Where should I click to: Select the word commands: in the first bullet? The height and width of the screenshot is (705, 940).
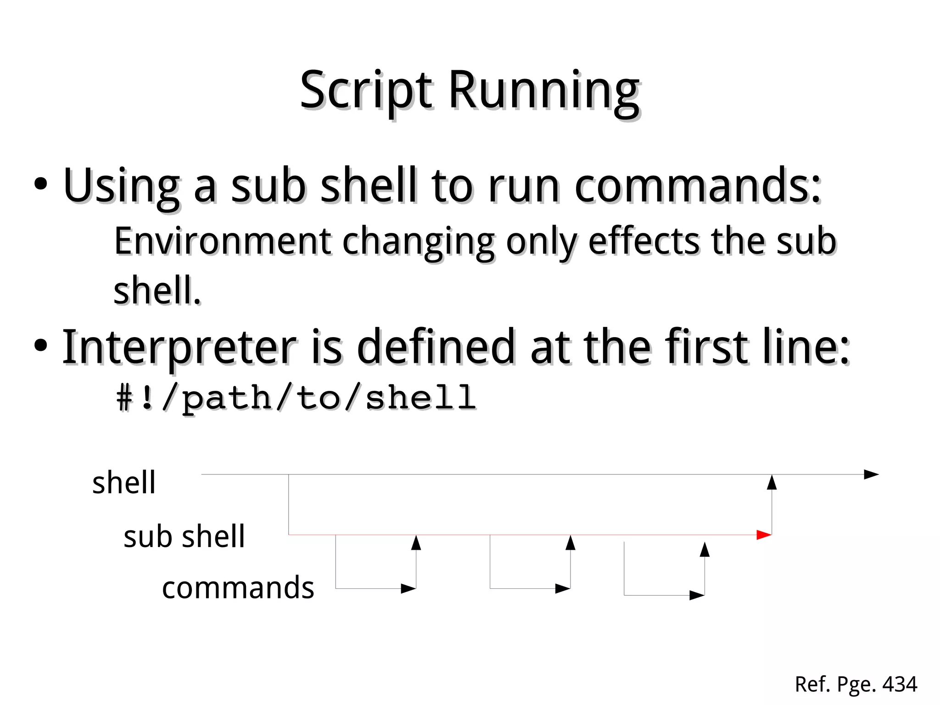pos(698,186)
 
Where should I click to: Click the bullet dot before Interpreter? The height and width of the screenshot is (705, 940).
pos(40,346)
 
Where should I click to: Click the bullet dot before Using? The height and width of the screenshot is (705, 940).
pos(40,184)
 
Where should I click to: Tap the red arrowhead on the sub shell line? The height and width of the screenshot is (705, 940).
pos(763,535)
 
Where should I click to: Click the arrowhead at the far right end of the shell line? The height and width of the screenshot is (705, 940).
pos(871,474)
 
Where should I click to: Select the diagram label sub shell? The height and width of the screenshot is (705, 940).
pos(184,536)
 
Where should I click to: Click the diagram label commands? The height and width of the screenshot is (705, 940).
pos(238,588)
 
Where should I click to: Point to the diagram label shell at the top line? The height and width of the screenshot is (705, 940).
pos(124,483)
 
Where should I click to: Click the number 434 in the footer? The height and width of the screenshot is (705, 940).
pos(900,684)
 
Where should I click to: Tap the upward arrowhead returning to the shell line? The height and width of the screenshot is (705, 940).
pos(772,483)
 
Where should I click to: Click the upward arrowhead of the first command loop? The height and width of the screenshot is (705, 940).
pos(416,543)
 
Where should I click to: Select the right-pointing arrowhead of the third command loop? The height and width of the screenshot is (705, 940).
pos(697,595)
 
